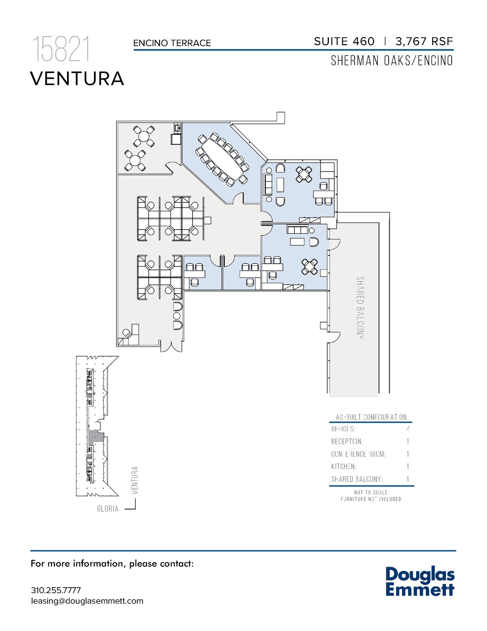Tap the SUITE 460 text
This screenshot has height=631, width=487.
pos(344,41)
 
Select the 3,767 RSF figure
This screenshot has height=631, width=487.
pos(424,41)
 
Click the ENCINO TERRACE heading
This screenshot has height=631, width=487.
pos(172,43)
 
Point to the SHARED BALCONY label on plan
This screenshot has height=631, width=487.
pos(360,307)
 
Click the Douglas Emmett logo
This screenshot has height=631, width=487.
pos(420,581)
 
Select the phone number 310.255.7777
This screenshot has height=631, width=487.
pos(56,590)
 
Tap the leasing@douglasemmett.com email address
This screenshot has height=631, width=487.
pos(87,601)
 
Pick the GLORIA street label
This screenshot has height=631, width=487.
pos(108,509)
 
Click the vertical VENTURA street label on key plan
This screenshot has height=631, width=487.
pos(134,480)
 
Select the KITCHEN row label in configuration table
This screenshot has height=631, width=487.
pos(343,466)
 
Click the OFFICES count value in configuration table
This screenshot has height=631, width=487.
pos(408,429)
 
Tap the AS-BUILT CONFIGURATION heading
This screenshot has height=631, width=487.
pos(371,417)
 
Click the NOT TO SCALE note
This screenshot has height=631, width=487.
pos(371,492)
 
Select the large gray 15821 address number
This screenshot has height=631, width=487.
pos(61,49)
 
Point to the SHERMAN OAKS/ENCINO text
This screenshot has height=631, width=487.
pos(392,61)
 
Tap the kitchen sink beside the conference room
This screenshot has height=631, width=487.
pos(177,127)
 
